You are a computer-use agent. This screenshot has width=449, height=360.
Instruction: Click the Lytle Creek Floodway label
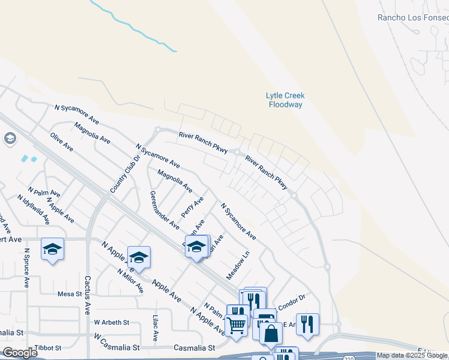285,100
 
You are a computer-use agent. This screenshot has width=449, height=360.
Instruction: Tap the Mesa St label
70,294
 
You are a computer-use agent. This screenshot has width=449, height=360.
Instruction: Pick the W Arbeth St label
112,322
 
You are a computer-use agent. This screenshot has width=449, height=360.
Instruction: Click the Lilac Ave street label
155,329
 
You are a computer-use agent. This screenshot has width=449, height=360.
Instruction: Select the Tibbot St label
49,348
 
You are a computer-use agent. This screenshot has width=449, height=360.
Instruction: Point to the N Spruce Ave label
26,268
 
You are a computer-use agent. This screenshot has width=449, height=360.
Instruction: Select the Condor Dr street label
292,298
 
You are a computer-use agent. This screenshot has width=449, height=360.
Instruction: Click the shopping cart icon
237,326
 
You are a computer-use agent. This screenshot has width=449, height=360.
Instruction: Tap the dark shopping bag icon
271,333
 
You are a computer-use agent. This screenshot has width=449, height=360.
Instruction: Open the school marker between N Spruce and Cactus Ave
52,249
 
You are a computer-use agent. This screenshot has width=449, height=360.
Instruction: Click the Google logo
20,353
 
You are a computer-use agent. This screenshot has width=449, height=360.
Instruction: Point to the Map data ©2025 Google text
412,356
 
